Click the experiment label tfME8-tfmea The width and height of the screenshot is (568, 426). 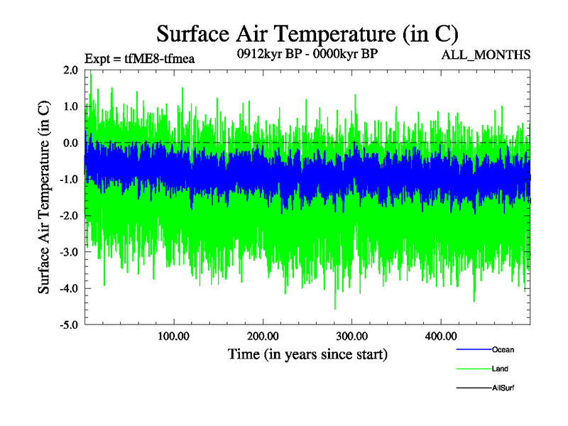point(139,59)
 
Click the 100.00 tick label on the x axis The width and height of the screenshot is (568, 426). point(173,336)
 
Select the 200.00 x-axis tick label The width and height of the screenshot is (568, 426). point(263,336)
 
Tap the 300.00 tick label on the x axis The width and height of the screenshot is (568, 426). point(351,336)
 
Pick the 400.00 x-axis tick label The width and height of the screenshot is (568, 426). point(440,336)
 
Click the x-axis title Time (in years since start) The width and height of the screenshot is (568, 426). point(307,354)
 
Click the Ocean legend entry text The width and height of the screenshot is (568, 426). point(503,350)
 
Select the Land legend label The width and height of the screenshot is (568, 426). point(500,369)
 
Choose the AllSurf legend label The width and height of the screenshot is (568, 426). point(503,388)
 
